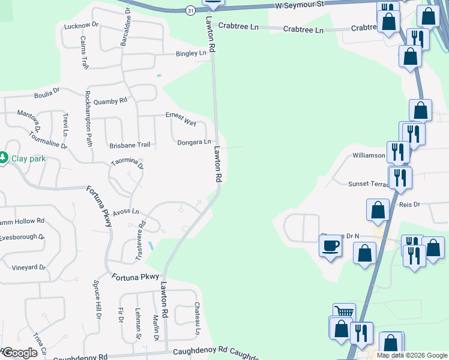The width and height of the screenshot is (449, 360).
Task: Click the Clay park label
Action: click(29, 159)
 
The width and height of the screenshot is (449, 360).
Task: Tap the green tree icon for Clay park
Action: click(4, 158)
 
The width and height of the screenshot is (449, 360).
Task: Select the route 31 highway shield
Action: click(190, 11)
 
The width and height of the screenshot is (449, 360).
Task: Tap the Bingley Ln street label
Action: click(190, 53)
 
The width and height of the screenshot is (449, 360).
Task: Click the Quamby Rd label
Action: click(110, 101)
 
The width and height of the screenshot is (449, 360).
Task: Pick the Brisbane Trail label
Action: click(129, 145)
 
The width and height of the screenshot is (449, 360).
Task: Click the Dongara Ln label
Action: click(194, 142)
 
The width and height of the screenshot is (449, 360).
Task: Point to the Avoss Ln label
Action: click(126, 211)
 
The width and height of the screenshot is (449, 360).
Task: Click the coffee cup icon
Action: click(331, 245)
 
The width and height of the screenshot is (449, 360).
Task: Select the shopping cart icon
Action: click(344, 311)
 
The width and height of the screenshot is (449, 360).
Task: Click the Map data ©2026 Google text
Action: click(411, 355)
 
